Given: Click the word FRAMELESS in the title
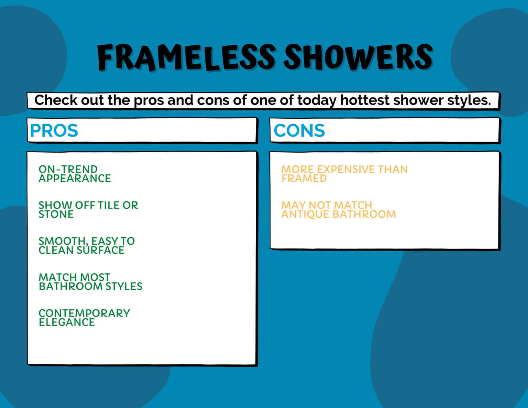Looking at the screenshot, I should click(x=186, y=57).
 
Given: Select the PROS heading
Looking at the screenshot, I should click(x=54, y=131).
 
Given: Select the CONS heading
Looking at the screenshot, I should click(x=299, y=131).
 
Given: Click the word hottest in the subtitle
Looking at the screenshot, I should click(x=365, y=100).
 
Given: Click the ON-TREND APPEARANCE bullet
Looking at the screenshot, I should click(x=75, y=174).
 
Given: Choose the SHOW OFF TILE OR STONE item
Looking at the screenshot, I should click(x=88, y=210).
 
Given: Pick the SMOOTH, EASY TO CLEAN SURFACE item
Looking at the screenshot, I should click(x=86, y=246).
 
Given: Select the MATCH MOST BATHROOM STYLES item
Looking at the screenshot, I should click(x=90, y=282).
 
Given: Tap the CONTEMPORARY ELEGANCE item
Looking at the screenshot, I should click(x=84, y=318).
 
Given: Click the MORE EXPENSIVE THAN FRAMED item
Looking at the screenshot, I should click(x=344, y=174).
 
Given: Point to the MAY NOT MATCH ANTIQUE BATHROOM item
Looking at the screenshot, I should click(x=339, y=210).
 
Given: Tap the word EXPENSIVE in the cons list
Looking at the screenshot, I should click(x=346, y=169).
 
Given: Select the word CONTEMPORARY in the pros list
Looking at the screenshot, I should click(x=84, y=313).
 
